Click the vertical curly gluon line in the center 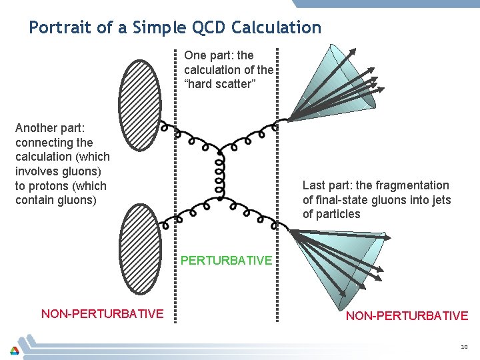(219, 175)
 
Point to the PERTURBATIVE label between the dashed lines (227, 261)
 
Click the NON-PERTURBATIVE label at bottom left (102, 314)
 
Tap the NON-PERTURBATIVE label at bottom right (407, 316)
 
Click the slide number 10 (464, 347)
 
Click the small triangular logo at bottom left (14, 349)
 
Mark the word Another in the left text (36, 127)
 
